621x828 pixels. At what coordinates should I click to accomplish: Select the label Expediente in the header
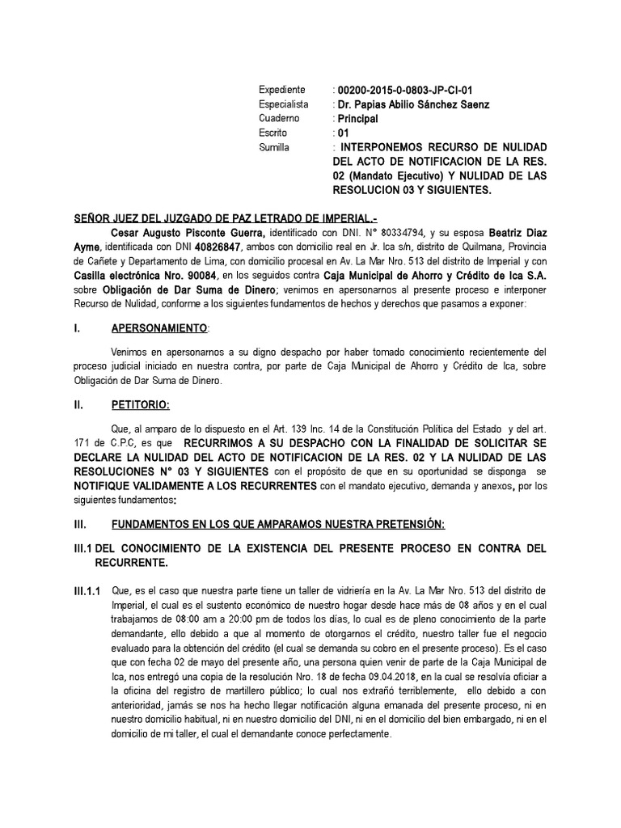(x=282, y=90)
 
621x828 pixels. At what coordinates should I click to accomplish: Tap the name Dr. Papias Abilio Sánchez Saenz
(x=423, y=104)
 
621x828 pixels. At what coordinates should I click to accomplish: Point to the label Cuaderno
(x=279, y=119)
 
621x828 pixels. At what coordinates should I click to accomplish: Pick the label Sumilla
(x=274, y=148)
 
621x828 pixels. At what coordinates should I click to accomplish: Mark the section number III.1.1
(x=87, y=591)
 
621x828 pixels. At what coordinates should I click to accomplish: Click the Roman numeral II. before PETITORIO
(x=79, y=405)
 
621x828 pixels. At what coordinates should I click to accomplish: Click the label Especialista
(x=283, y=104)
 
